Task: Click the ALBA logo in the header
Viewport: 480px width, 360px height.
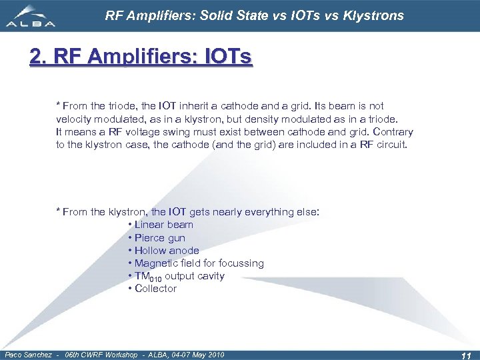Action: tap(32, 17)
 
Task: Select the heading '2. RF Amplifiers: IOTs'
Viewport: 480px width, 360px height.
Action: tap(141, 57)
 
